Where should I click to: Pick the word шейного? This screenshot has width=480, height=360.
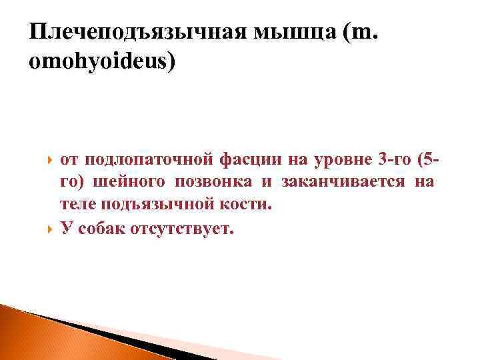[134, 183]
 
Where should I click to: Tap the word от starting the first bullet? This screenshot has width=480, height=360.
[69, 161]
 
